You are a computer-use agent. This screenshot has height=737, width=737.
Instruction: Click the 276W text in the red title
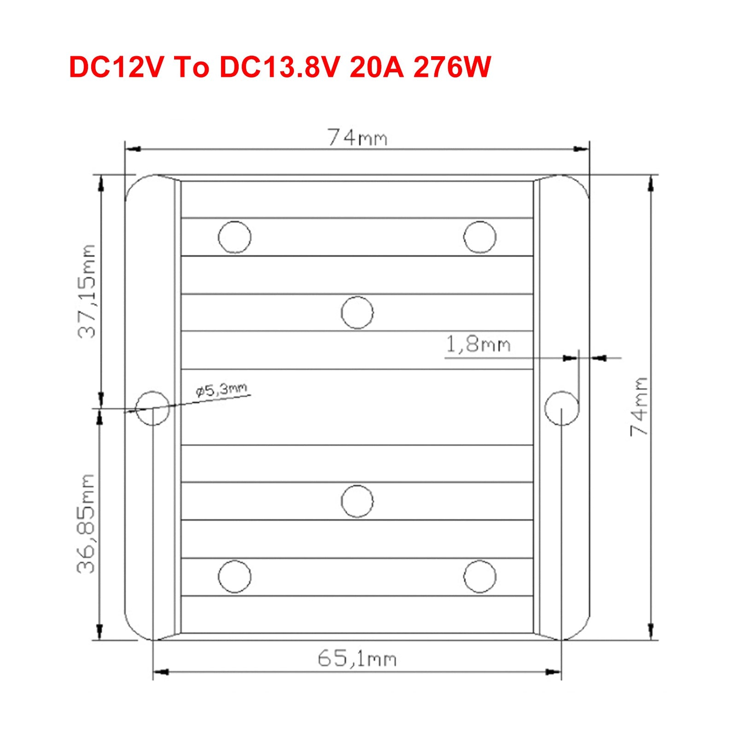click(451, 67)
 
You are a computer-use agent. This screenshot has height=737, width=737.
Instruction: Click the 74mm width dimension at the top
click(357, 138)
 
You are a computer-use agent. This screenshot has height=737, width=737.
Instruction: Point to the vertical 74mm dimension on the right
click(639, 406)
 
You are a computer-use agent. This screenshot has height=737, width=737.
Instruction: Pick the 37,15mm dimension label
click(87, 292)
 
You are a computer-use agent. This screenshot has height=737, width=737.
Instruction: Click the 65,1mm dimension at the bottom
click(357, 659)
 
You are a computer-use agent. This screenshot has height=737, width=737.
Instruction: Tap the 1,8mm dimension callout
click(478, 345)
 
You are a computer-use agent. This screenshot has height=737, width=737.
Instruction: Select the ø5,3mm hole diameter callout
click(222, 390)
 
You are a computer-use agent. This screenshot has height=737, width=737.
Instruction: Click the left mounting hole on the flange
click(153, 408)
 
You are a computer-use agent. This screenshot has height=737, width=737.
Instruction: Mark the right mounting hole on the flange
click(562, 408)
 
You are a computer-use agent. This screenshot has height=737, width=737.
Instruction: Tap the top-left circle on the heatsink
click(234, 237)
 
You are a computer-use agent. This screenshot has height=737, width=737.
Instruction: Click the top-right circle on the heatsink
click(480, 237)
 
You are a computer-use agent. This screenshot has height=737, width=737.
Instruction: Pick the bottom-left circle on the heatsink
click(234, 576)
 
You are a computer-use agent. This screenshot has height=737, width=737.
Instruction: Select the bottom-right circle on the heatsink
click(480, 576)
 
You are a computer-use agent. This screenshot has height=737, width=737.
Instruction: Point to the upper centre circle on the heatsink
click(357, 312)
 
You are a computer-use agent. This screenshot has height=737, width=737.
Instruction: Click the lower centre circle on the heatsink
click(357, 501)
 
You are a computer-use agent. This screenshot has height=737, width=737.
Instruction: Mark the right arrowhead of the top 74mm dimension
click(581, 149)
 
